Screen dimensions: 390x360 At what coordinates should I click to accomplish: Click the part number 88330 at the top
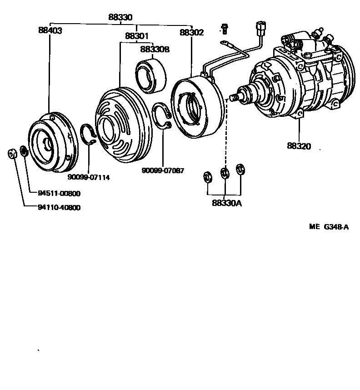(120, 17)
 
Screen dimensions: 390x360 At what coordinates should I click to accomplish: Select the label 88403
(50, 31)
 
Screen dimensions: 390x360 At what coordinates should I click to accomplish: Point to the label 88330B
(155, 49)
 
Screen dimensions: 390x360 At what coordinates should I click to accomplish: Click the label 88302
(192, 33)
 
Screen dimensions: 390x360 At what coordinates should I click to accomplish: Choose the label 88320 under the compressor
(299, 146)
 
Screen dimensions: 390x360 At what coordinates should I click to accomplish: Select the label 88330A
(226, 203)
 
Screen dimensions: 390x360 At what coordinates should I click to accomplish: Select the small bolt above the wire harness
(224, 29)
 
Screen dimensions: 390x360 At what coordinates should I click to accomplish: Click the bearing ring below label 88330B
(151, 76)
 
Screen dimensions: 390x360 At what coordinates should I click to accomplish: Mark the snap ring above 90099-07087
(162, 116)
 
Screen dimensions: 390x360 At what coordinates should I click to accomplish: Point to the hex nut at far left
(13, 153)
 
